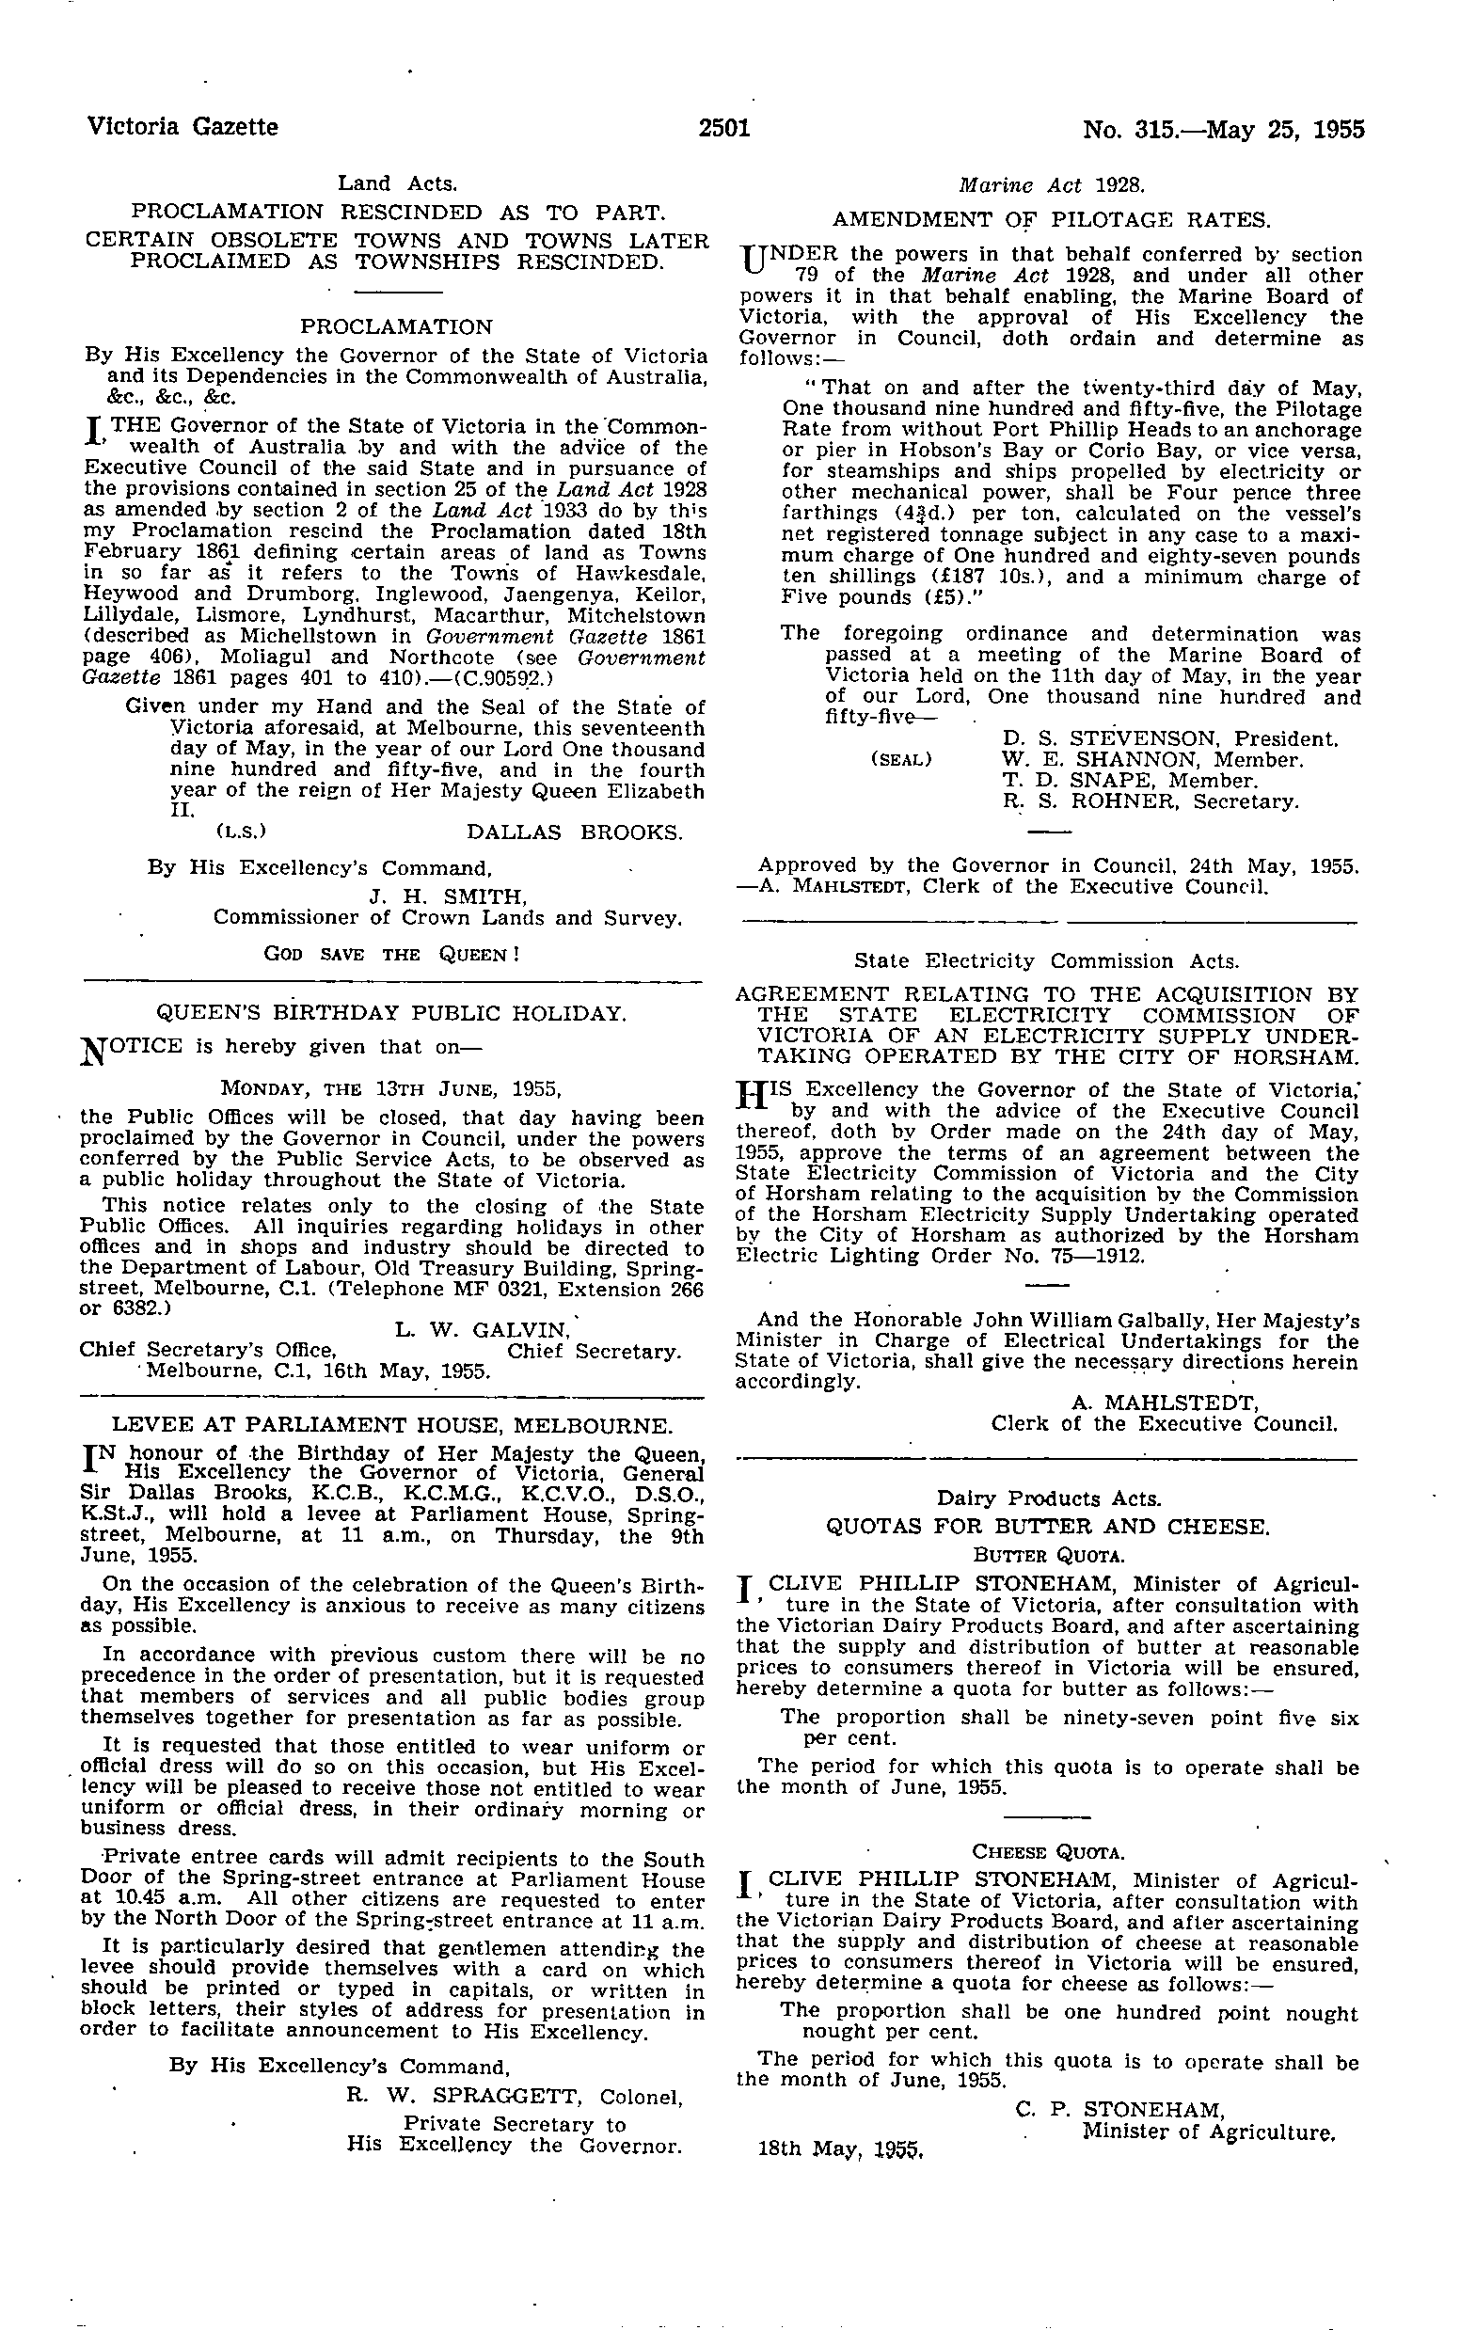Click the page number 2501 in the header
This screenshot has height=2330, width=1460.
click(x=725, y=128)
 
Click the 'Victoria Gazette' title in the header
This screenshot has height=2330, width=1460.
click(x=182, y=128)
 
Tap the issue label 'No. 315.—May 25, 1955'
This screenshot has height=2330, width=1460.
click(x=1224, y=128)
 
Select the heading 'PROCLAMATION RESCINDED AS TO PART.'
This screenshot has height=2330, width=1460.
click(x=397, y=212)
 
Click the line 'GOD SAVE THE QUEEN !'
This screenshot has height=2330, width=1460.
click(x=392, y=955)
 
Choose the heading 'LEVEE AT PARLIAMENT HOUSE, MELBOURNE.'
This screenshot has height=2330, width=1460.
click(x=391, y=1425)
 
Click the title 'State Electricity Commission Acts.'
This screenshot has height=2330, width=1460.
click(x=1047, y=961)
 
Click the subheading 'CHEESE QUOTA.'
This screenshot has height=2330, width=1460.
click(x=1048, y=1852)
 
